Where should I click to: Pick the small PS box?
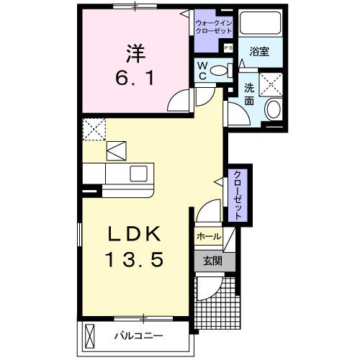tap(228, 48)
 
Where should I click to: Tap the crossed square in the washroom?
tap(272, 84)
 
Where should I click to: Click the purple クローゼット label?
tap(236, 196)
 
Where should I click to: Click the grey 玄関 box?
tap(208, 261)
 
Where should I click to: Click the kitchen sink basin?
tap(137, 174)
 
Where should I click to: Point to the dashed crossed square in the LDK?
tap(94, 130)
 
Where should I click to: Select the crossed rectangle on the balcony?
tap(91, 336)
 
